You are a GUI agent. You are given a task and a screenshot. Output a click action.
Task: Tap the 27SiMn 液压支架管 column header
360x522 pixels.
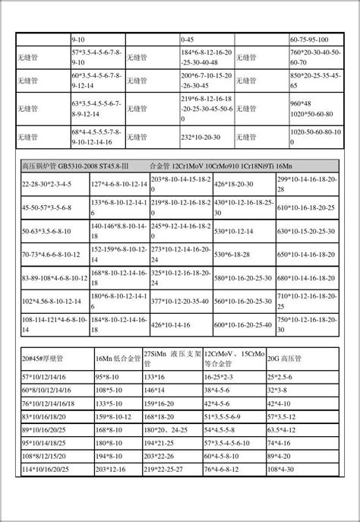click(172, 358)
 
